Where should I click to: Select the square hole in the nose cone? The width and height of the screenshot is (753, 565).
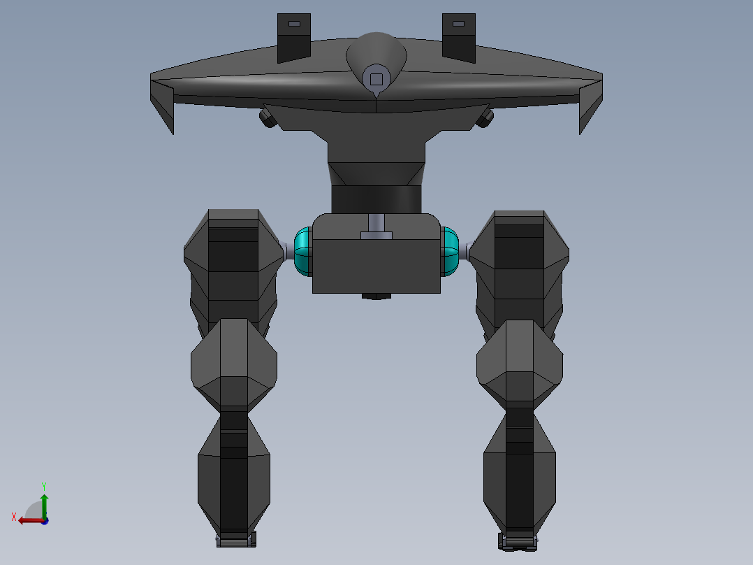pos(376,79)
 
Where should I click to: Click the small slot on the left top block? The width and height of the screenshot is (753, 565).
pos(294,24)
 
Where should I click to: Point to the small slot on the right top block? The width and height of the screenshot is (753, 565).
pos(458,24)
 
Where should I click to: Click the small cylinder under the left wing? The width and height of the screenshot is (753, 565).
pos(268,117)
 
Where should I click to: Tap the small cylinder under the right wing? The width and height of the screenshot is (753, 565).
pos(485,117)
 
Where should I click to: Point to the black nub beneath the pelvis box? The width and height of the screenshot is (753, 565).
pos(376,296)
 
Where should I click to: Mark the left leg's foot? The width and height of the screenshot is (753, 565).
pos(236,540)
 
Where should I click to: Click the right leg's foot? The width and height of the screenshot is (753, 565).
pos(518,541)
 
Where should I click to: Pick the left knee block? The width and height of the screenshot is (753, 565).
pos(234,364)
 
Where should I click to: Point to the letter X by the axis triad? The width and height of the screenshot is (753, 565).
pos(14,517)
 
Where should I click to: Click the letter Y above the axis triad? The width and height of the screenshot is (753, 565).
pos(44,485)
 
